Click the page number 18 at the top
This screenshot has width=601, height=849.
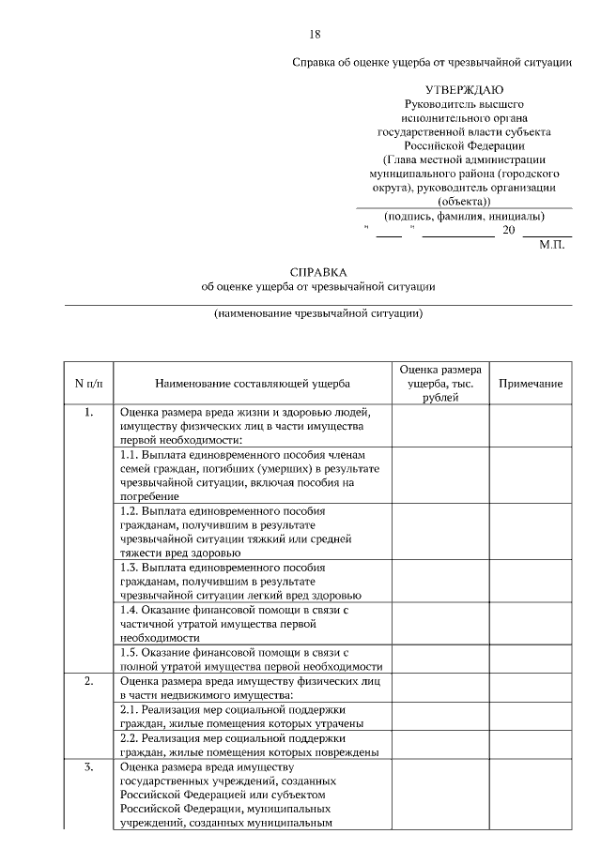pos(315,35)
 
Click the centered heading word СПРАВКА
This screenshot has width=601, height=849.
pos(317,270)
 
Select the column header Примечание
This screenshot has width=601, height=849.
pos(531,384)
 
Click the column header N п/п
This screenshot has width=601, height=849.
pos(88,384)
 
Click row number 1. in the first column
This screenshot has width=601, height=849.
pos(88,412)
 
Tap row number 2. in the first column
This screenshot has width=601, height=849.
pos(88,682)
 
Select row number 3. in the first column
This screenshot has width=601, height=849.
pos(88,767)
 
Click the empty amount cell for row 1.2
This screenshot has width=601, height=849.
pos(440,532)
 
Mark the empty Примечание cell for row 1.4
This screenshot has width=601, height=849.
pos(531,622)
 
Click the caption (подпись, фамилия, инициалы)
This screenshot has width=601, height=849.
pos(465,216)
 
